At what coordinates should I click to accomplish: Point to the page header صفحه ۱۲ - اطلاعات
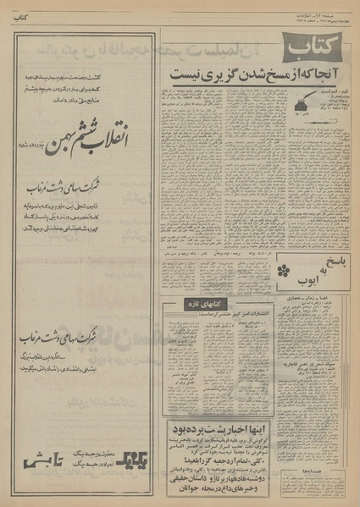[x=325, y=9]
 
